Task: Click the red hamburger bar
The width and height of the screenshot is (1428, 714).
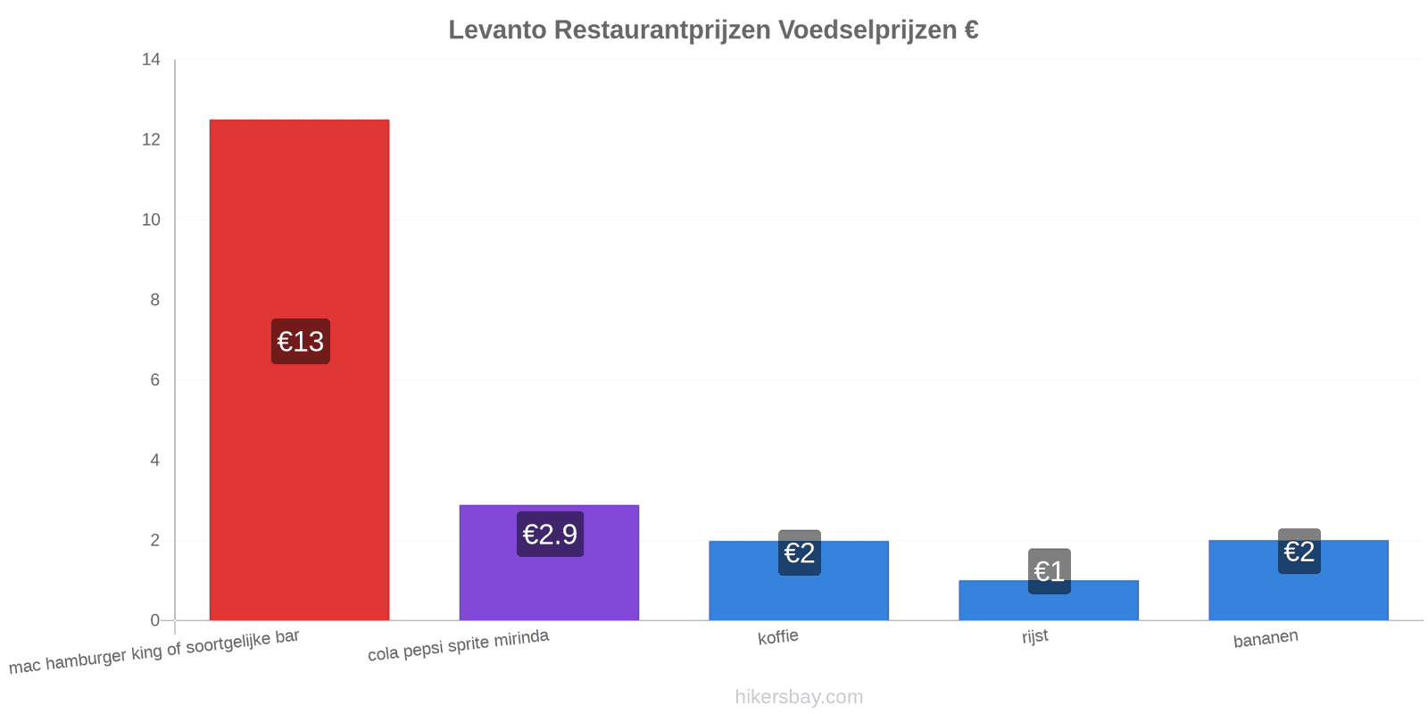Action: (299, 369)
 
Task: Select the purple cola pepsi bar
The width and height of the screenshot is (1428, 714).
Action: (549, 563)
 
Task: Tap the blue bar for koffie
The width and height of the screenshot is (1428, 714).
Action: (799, 581)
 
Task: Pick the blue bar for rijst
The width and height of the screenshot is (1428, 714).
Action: (1049, 601)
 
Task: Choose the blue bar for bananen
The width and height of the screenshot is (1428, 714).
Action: (1299, 580)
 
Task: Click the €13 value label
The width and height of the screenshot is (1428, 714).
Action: (300, 342)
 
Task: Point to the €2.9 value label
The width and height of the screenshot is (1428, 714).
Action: (550, 535)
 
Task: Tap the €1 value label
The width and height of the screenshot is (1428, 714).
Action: (1050, 571)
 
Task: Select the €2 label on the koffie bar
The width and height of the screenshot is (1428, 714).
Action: (800, 552)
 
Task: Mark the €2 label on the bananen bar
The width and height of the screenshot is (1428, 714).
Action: (1299, 552)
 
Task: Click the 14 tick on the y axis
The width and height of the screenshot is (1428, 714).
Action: (151, 59)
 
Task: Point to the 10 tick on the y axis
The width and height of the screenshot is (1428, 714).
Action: (151, 220)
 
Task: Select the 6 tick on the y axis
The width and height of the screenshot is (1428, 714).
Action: (155, 380)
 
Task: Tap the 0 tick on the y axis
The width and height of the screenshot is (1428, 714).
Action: (155, 620)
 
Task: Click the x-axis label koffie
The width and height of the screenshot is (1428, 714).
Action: (777, 637)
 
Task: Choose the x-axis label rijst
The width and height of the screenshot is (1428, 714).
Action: (1034, 636)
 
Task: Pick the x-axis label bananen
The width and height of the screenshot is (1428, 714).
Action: (1266, 639)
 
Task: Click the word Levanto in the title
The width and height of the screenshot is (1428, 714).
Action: (497, 30)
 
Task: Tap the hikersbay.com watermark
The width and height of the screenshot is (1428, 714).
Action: (799, 697)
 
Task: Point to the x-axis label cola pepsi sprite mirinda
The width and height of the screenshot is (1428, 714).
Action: (459, 645)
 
